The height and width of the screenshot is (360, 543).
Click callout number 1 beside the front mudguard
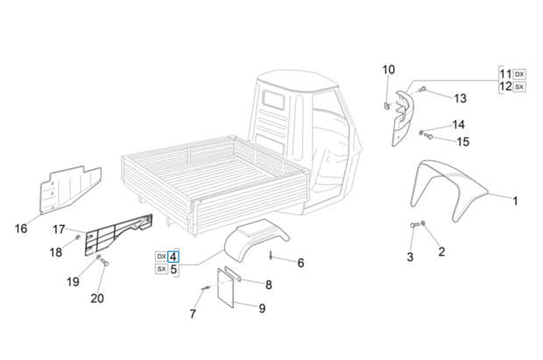(x=515, y=201)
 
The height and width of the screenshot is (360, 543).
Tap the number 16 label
(x=21, y=229)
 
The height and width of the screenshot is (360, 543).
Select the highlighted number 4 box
(x=173, y=257)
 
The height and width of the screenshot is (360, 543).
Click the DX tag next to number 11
(x=519, y=74)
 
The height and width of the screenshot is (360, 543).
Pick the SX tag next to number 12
(x=519, y=87)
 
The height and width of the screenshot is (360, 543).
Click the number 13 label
(x=460, y=97)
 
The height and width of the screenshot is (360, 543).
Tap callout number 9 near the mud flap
(x=262, y=307)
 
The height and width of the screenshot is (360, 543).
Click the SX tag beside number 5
(x=161, y=270)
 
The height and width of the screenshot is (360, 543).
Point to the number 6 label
(x=300, y=263)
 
